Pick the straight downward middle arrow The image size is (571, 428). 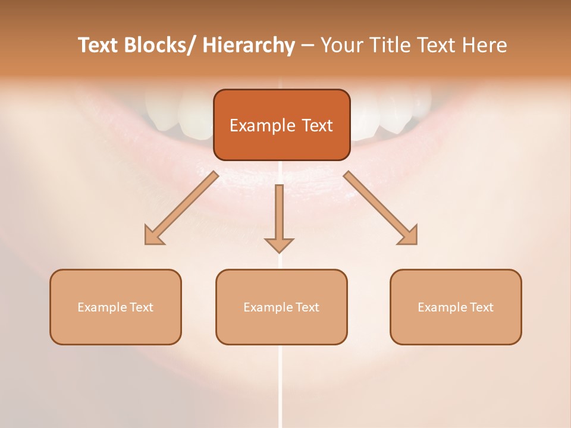[279, 214]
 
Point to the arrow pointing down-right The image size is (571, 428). [381, 208]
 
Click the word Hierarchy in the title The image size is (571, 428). [249, 46]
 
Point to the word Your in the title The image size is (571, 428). [341, 46]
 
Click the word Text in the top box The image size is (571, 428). [317, 125]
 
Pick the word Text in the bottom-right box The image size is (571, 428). [481, 307]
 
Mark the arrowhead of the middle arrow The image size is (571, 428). [279, 244]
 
